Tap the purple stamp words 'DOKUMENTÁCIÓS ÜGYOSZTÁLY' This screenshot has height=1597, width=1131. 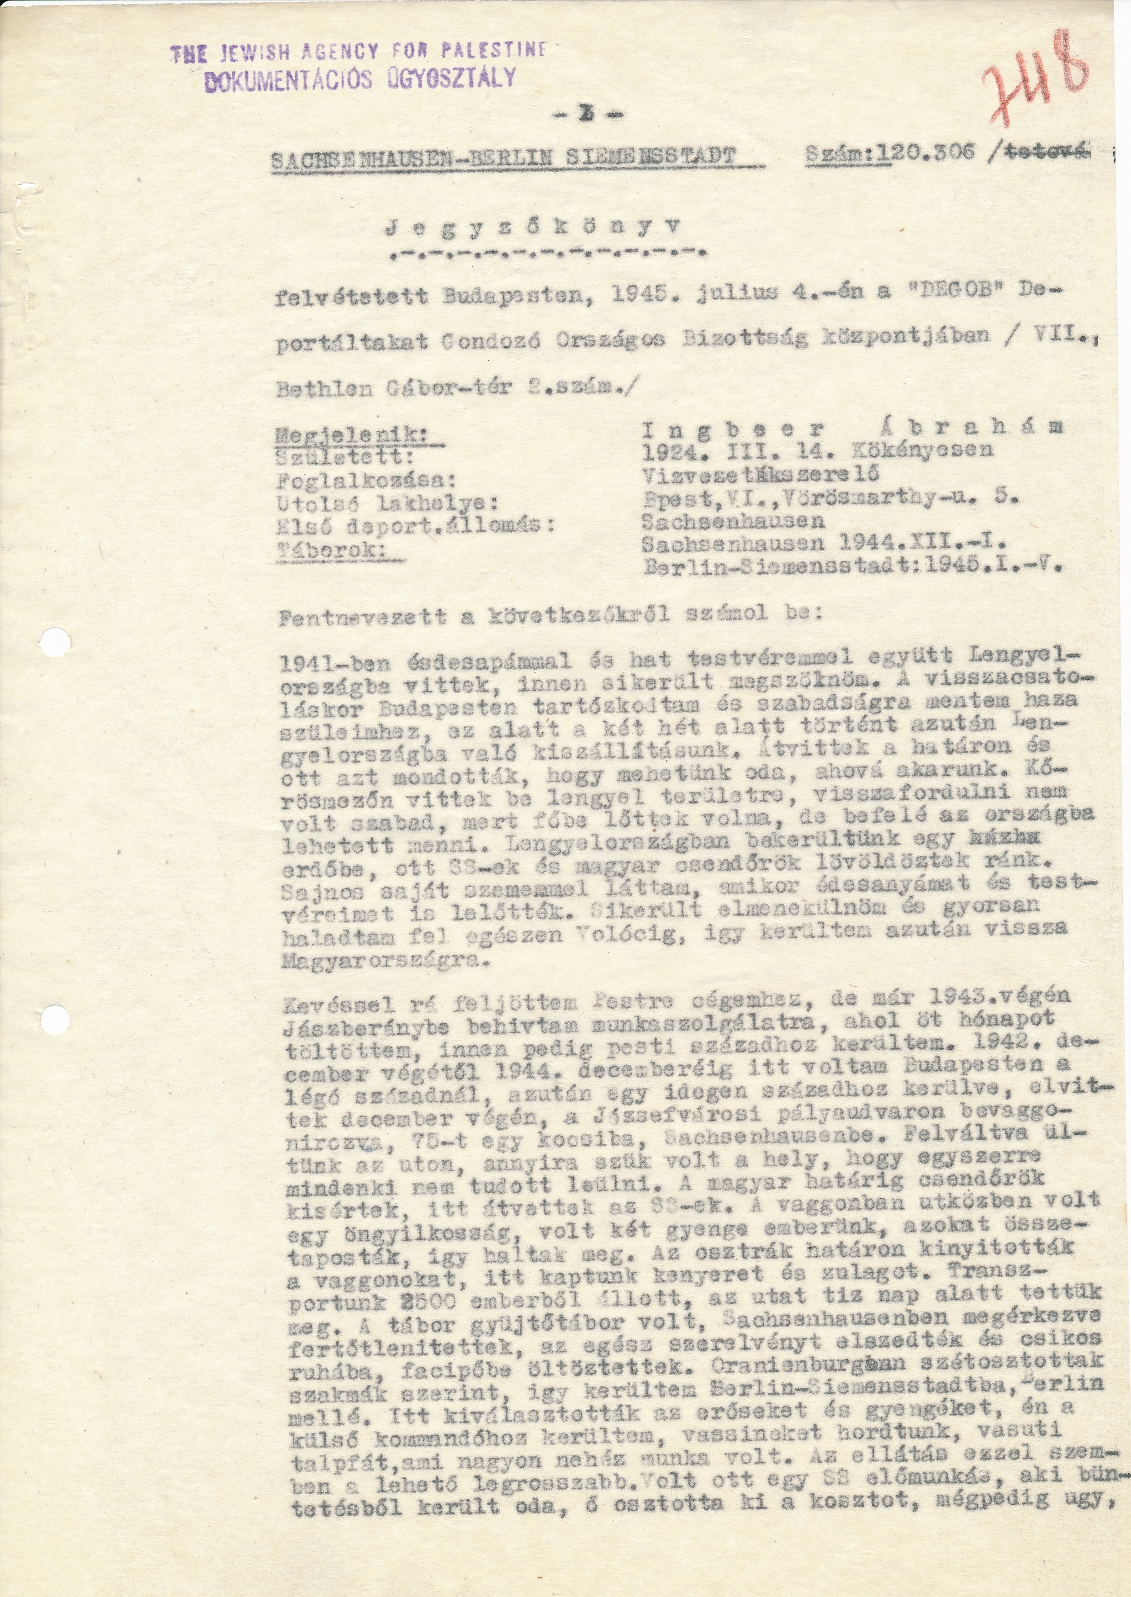361,79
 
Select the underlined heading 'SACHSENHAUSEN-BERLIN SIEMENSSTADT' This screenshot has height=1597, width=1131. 503,158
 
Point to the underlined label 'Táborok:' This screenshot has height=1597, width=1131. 333,550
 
